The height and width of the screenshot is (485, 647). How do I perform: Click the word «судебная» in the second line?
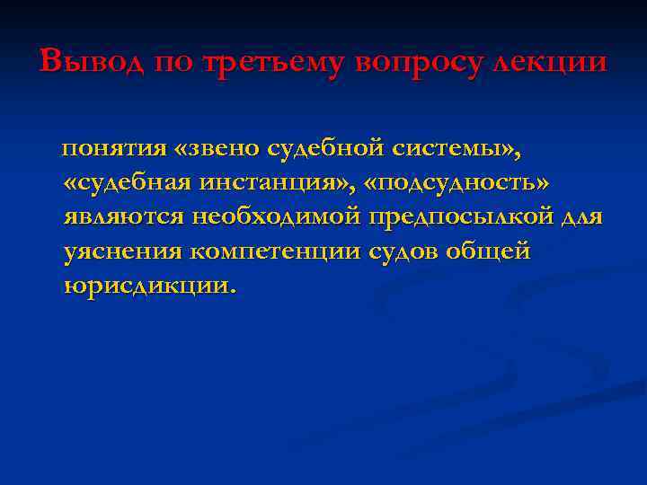(130, 182)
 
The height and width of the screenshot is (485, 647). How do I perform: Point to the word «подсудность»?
(459, 182)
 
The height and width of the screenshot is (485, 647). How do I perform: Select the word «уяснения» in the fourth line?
(123, 251)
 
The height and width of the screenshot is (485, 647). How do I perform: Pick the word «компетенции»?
(275, 251)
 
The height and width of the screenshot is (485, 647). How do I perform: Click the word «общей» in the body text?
(493, 251)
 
